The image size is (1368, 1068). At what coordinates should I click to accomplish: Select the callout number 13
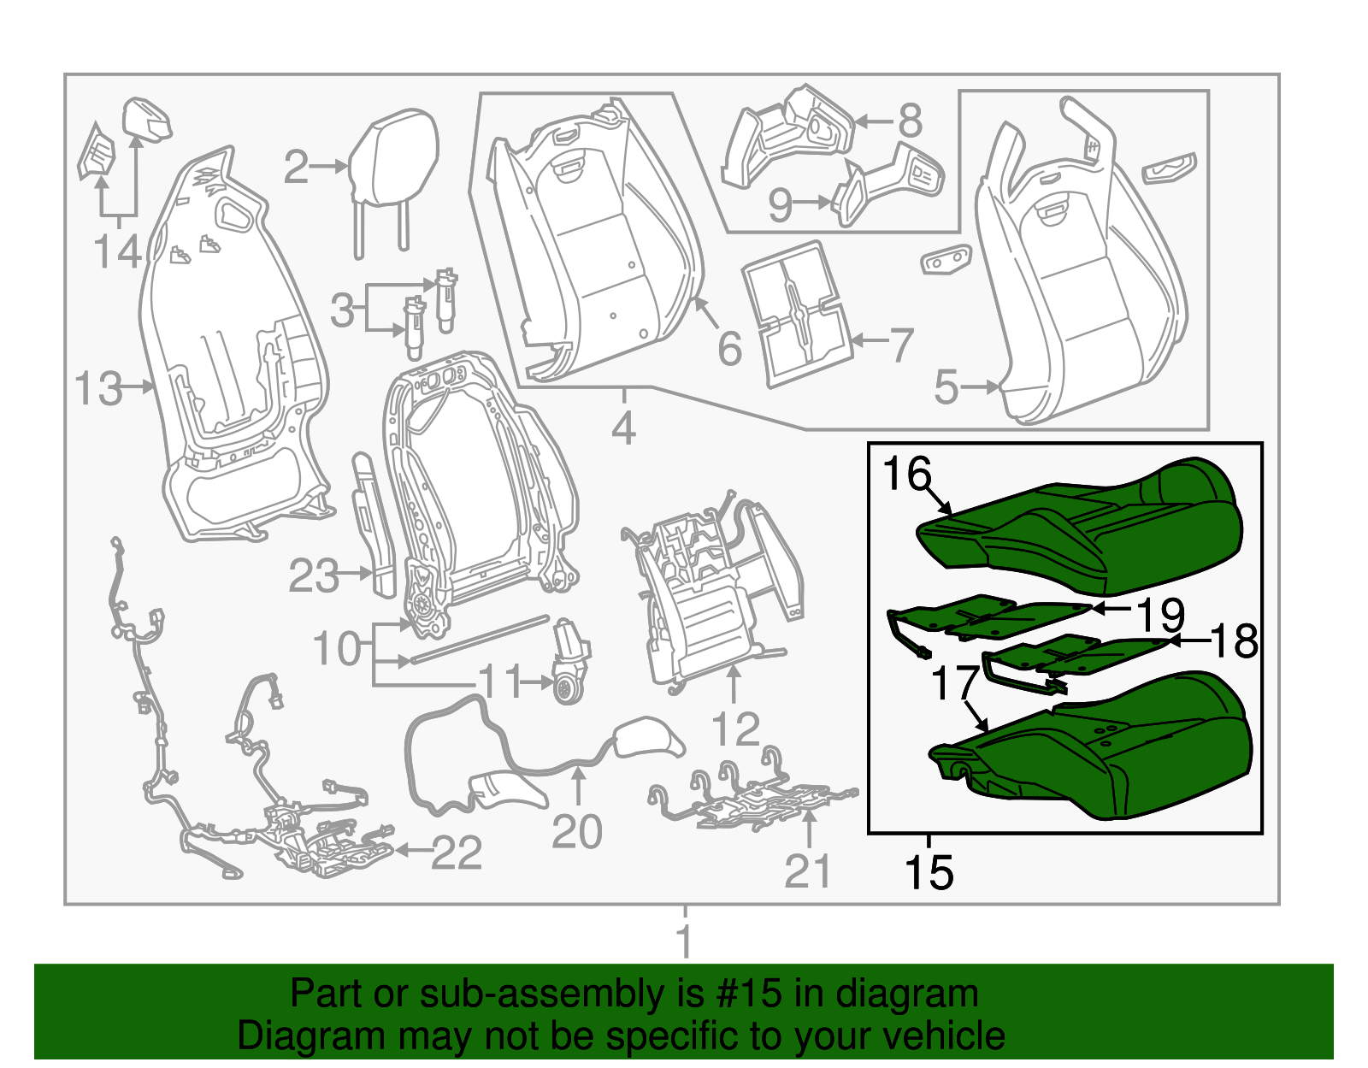point(98,389)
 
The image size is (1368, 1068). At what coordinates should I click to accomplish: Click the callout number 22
point(456,853)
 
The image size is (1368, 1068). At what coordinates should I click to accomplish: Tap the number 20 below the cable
point(577,831)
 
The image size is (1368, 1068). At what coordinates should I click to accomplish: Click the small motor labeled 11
point(569,663)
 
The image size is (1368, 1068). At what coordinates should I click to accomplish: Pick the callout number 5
point(946,386)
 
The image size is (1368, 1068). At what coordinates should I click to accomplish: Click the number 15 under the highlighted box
point(929,872)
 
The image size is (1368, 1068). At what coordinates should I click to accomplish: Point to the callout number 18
point(1235,640)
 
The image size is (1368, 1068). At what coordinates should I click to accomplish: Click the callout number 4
point(624,428)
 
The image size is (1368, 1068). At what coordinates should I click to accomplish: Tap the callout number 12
point(734,729)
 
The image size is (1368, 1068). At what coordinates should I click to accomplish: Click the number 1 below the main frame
point(684,941)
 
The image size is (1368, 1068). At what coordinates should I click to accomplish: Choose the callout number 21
point(807,871)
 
